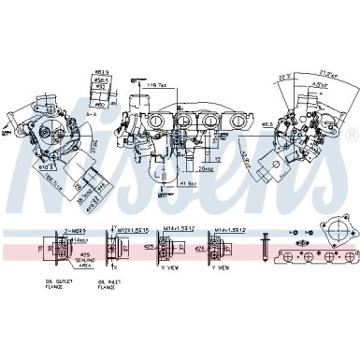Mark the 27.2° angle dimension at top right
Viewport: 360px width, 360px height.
326,71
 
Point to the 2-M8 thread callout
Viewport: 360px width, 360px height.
75,228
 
